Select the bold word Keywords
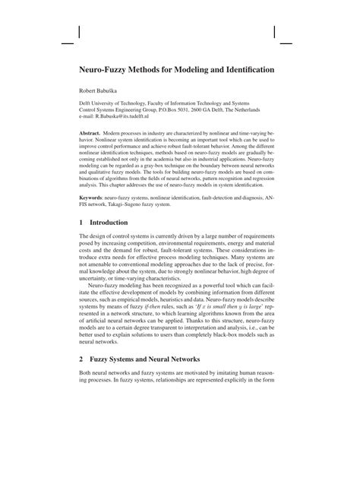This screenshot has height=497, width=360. tap(95, 197)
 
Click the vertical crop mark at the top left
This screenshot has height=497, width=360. tap(80, 26)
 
